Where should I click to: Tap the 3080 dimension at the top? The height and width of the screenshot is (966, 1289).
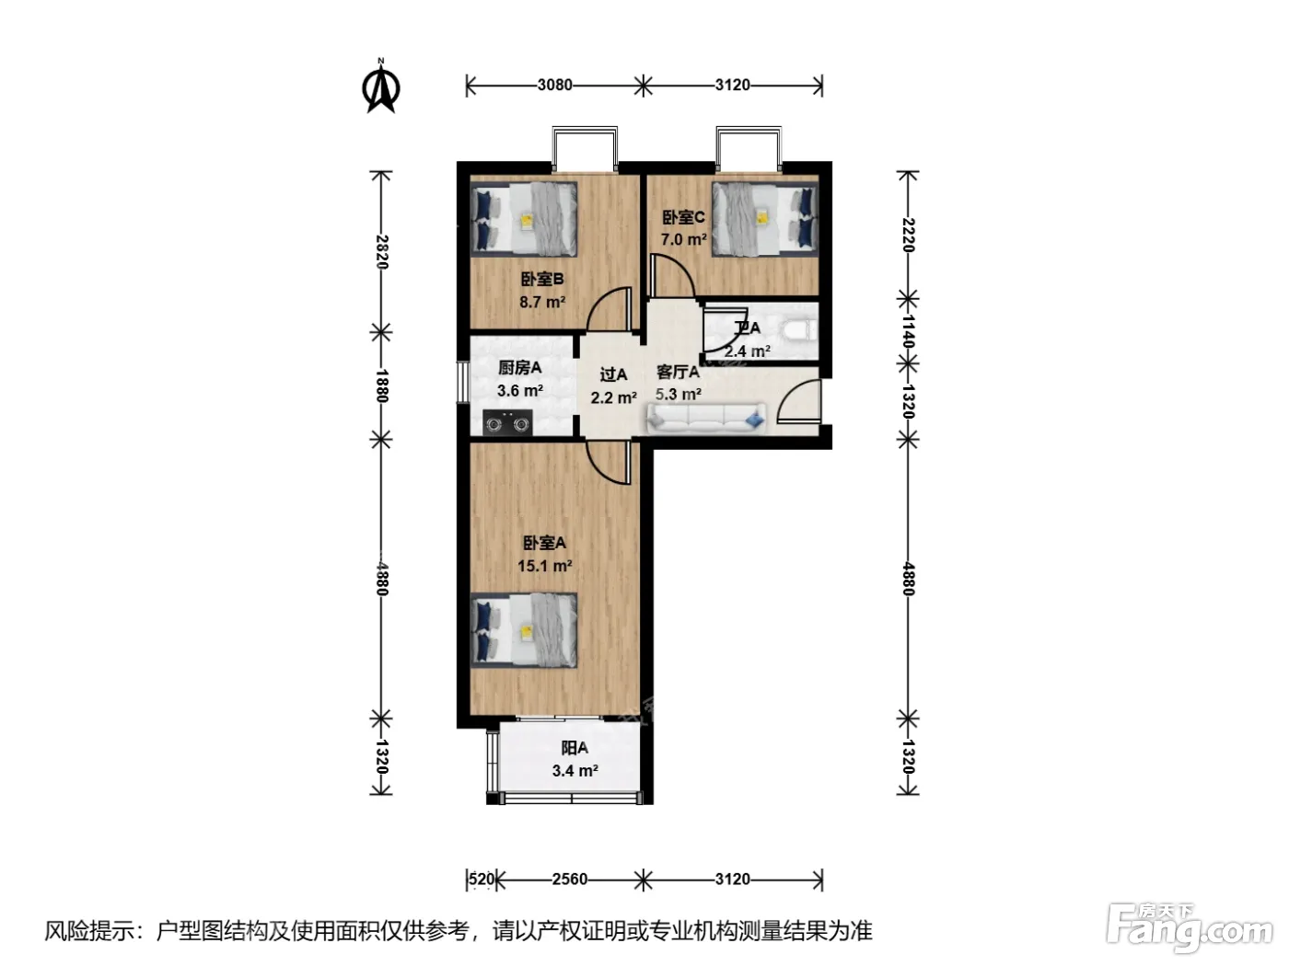pyautogui.click(x=554, y=85)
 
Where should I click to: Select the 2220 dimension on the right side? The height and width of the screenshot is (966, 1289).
pyautogui.click(x=908, y=235)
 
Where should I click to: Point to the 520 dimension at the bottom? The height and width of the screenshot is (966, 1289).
pyautogui.click(x=482, y=879)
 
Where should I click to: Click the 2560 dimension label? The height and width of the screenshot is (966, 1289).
pyautogui.click(x=570, y=879)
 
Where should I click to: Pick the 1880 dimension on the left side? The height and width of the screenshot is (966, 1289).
pyautogui.click(x=382, y=385)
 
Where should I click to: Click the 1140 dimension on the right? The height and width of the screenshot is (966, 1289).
pyautogui.click(x=908, y=331)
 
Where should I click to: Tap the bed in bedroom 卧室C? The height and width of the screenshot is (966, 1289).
pyautogui.click(x=764, y=219)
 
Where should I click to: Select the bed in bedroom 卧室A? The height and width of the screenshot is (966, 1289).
pyautogui.click(x=524, y=630)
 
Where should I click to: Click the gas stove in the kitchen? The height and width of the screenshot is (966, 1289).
pyautogui.click(x=507, y=423)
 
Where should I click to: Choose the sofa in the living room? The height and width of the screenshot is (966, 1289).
pyautogui.click(x=706, y=419)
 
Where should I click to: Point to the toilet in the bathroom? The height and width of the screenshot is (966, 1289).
pyautogui.click(x=800, y=331)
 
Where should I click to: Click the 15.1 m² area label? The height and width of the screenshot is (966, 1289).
pyautogui.click(x=544, y=566)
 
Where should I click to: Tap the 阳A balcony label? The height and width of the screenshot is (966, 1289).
pyautogui.click(x=575, y=748)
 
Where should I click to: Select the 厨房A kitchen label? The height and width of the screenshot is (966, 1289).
pyautogui.click(x=519, y=368)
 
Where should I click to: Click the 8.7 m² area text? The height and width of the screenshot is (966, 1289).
pyautogui.click(x=542, y=303)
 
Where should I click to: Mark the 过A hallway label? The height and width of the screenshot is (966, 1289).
pyautogui.click(x=613, y=374)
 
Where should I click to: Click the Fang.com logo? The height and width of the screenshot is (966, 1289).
pyautogui.click(x=1190, y=928)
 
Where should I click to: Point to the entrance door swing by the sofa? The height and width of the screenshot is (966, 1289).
pyautogui.click(x=799, y=402)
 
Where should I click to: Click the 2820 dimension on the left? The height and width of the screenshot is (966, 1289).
pyautogui.click(x=382, y=251)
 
